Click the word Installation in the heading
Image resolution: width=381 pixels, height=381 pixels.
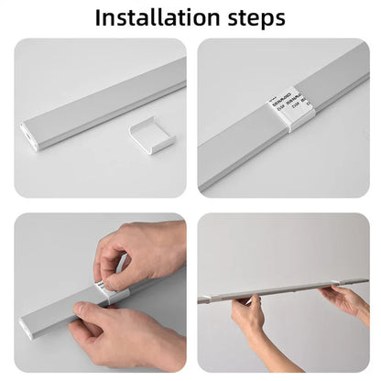click(154, 17)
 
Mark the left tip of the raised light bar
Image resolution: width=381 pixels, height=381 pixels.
click(201, 299)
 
